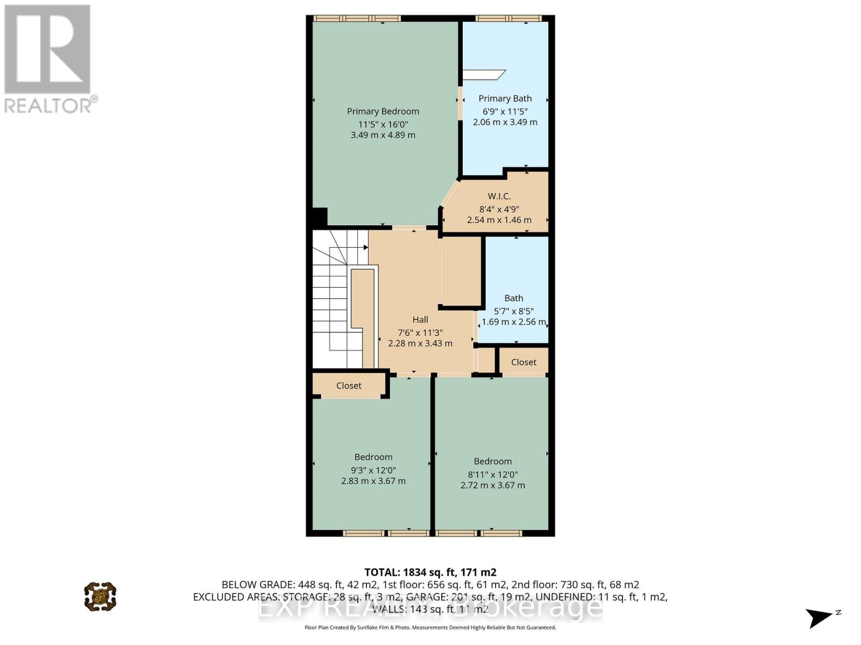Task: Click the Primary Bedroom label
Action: [383, 111]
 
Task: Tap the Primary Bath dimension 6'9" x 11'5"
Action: [505, 111]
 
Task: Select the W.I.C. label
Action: [499, 196]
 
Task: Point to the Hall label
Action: [420, 319]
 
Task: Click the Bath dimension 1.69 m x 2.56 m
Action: [513, 322]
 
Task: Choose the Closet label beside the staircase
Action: [349, 385]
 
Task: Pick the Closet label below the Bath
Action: [524, 362]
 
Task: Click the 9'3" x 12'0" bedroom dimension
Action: [373, 470]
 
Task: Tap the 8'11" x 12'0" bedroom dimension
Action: [492, 474]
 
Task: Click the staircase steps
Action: [329, 301]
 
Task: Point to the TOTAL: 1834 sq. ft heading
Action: [430, 572]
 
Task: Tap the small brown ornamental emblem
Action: [100, 596]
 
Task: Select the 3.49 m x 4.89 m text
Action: [383, 135]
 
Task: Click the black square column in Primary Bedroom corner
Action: [319, 217]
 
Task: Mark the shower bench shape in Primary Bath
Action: [484, 74]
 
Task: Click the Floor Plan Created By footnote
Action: [430, 627]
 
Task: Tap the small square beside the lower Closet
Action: [486, 360]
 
